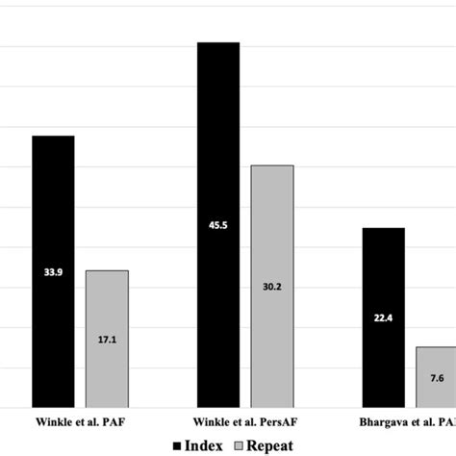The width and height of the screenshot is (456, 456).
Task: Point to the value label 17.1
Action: (107, 339)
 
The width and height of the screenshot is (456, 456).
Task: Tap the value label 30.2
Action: (272, 286)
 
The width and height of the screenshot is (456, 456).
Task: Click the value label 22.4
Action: (383, 318)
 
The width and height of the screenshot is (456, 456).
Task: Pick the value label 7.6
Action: (437, 378)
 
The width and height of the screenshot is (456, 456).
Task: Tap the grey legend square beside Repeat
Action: (238, 444)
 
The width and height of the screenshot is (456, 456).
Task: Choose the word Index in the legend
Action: (204, 444)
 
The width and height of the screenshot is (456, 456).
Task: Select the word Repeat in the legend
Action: (269, 444)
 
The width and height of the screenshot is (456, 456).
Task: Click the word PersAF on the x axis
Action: (275, 420)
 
